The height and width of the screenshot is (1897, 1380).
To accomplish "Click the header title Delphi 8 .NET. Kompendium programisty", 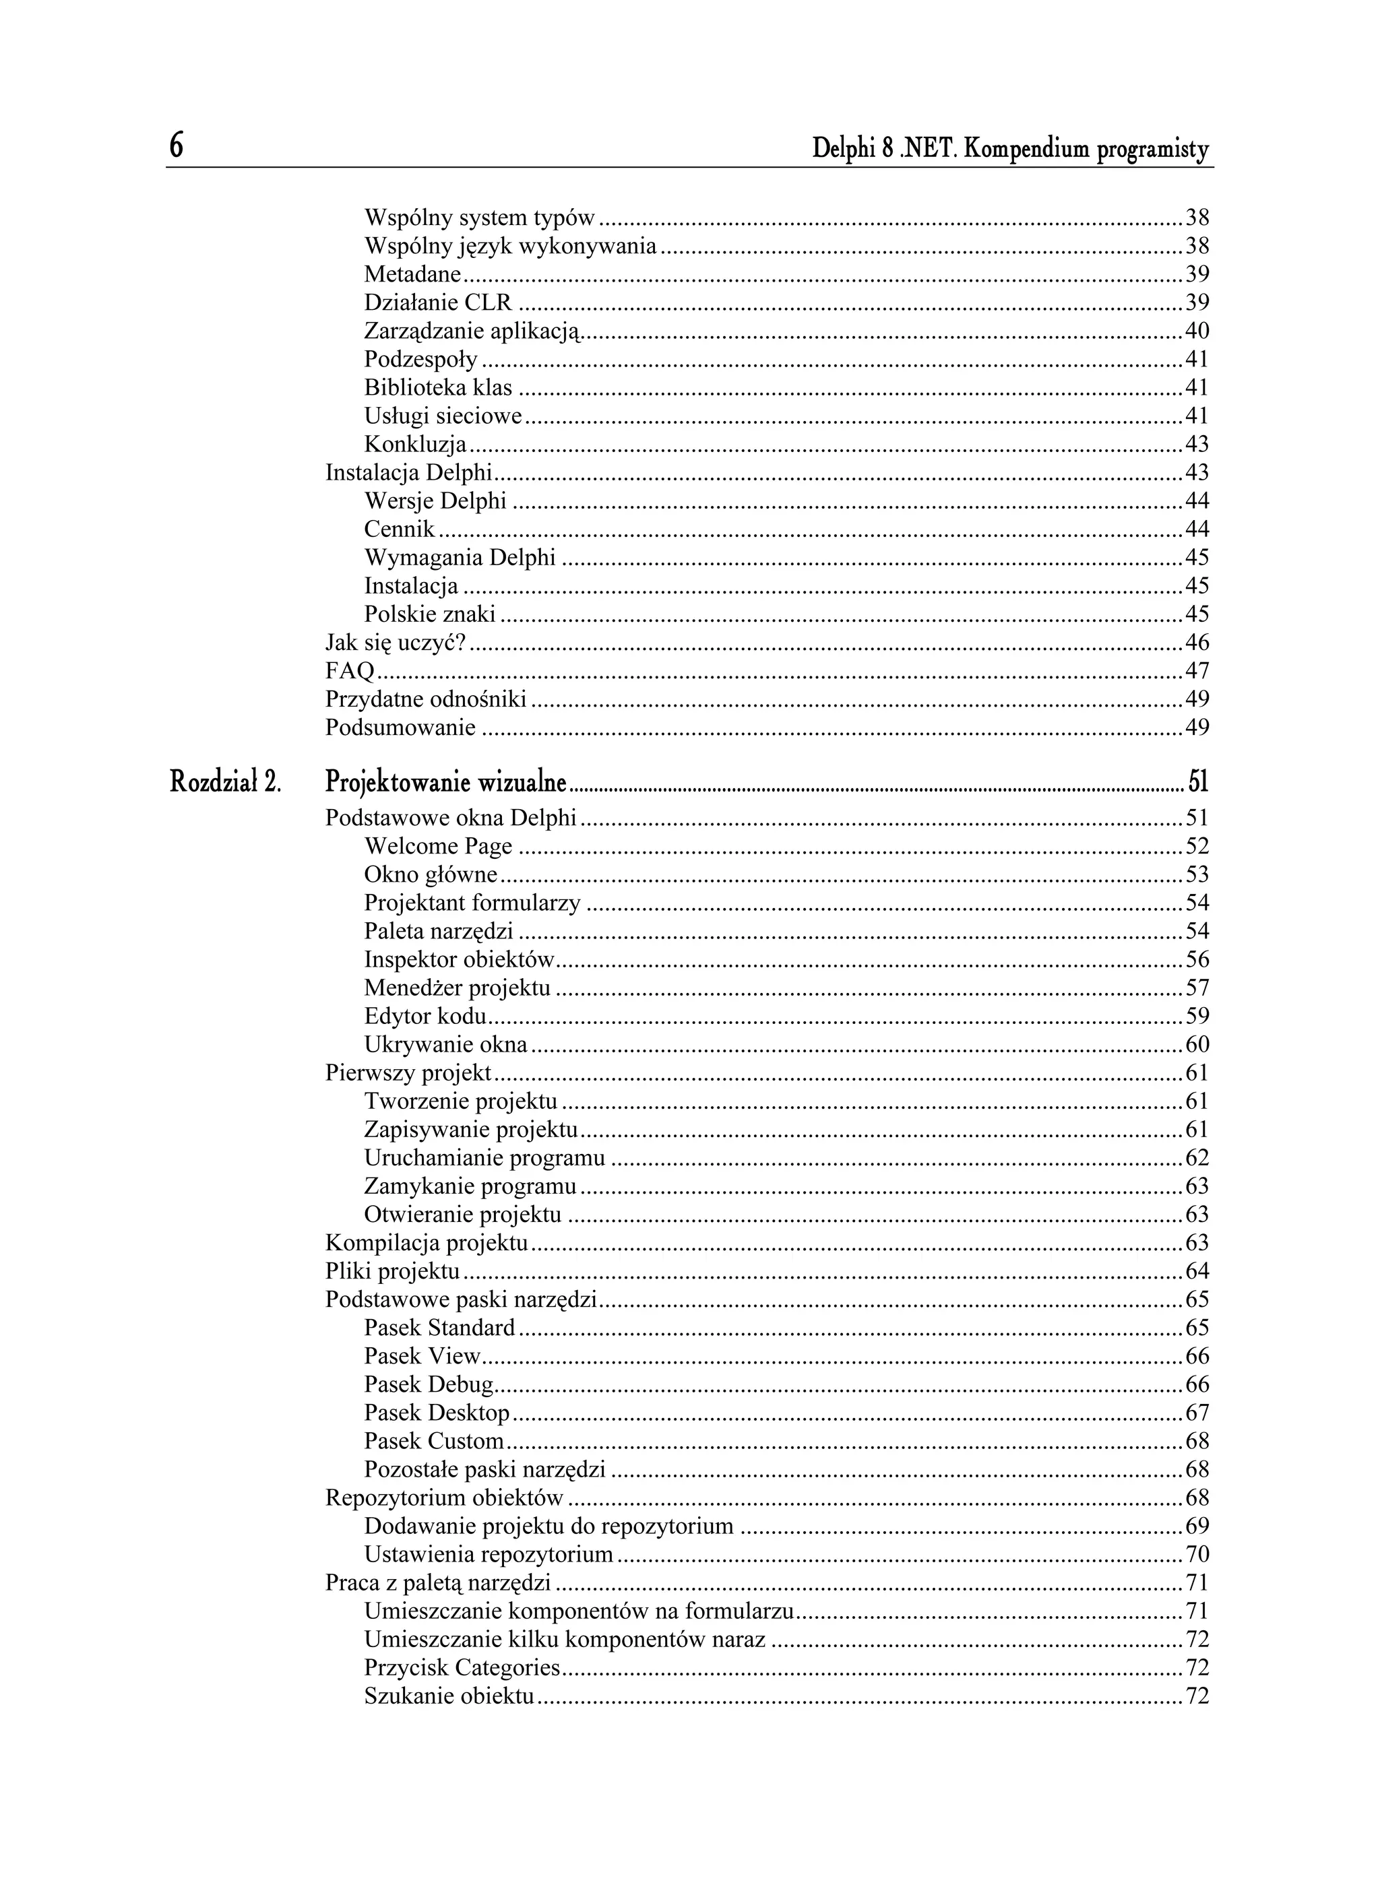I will point(1010,150).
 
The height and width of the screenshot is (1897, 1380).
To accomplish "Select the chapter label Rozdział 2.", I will point(225,782).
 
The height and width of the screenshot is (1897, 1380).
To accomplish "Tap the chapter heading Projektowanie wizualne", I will point(446,782).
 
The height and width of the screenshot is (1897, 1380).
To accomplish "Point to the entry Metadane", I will point(412,274).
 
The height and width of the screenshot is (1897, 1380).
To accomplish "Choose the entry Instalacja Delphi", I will point(408,473).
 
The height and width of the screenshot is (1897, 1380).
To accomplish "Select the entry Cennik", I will point(399,529).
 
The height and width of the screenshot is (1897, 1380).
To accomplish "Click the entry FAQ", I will point(350,671).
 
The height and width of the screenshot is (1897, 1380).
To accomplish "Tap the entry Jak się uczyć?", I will point(395,643).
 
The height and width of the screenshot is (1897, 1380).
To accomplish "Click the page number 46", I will point(1197,643).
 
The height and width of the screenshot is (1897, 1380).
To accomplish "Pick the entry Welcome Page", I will point(438,847).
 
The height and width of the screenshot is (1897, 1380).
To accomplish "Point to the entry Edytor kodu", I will point(425,1017).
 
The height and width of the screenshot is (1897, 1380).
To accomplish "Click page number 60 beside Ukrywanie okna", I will point(1197,1045).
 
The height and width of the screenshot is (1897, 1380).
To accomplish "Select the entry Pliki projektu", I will point(392,1271).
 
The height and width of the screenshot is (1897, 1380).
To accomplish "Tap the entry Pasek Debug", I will point(429,1384).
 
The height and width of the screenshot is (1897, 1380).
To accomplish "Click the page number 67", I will point(1197,1413).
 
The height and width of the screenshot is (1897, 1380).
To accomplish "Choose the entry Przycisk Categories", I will point(462,1668).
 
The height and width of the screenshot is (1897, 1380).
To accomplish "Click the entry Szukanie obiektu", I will point(449,1696).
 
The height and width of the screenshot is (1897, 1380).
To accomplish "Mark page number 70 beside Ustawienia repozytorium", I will point(1197,1554).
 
